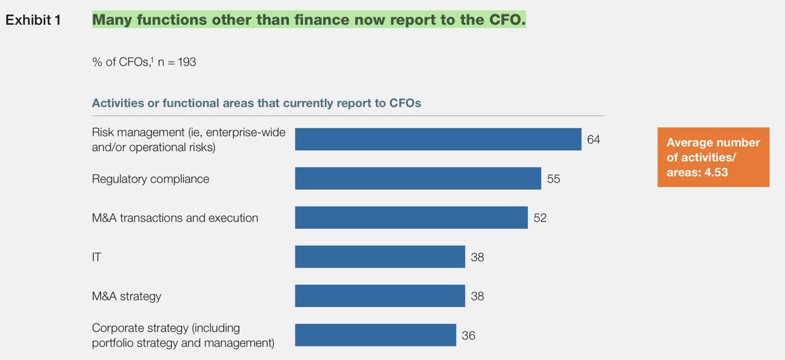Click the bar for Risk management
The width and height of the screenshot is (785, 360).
pos(438,139)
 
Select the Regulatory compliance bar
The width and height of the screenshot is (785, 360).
pos(418,178)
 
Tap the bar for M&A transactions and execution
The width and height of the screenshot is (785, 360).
pos(411,217)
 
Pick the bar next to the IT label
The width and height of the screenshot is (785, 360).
pos(379,257)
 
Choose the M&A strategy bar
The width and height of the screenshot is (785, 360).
pos(379,296)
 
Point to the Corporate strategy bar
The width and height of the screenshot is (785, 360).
pos(375,334)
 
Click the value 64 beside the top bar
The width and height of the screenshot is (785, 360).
pos(594,139)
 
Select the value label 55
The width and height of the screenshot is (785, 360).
pos(553,178)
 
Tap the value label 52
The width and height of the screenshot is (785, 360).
pos(540,217)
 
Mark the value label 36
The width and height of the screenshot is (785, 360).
pos(468,335)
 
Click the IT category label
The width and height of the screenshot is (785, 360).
pos(96,257)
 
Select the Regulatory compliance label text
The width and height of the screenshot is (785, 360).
pos(150,179)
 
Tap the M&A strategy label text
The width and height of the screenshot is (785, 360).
pos(127,297)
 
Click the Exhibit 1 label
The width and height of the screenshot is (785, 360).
pos(33,20)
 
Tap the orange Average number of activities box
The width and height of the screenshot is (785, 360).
pos(714,157)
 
